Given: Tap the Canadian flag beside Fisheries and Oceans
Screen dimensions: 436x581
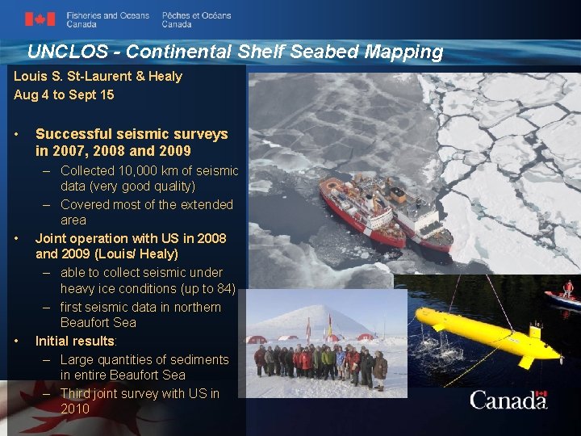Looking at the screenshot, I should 40,19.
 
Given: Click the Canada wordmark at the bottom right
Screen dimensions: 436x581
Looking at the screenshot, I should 508,400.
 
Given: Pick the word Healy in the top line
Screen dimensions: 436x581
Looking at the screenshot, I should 164,76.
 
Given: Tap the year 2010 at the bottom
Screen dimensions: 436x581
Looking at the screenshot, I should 75,409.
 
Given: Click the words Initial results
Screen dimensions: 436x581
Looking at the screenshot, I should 75,341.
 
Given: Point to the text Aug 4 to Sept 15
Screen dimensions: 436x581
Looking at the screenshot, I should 64,94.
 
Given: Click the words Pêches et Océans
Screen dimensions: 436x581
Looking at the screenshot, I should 196,15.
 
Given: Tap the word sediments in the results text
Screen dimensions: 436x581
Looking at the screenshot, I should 199,359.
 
